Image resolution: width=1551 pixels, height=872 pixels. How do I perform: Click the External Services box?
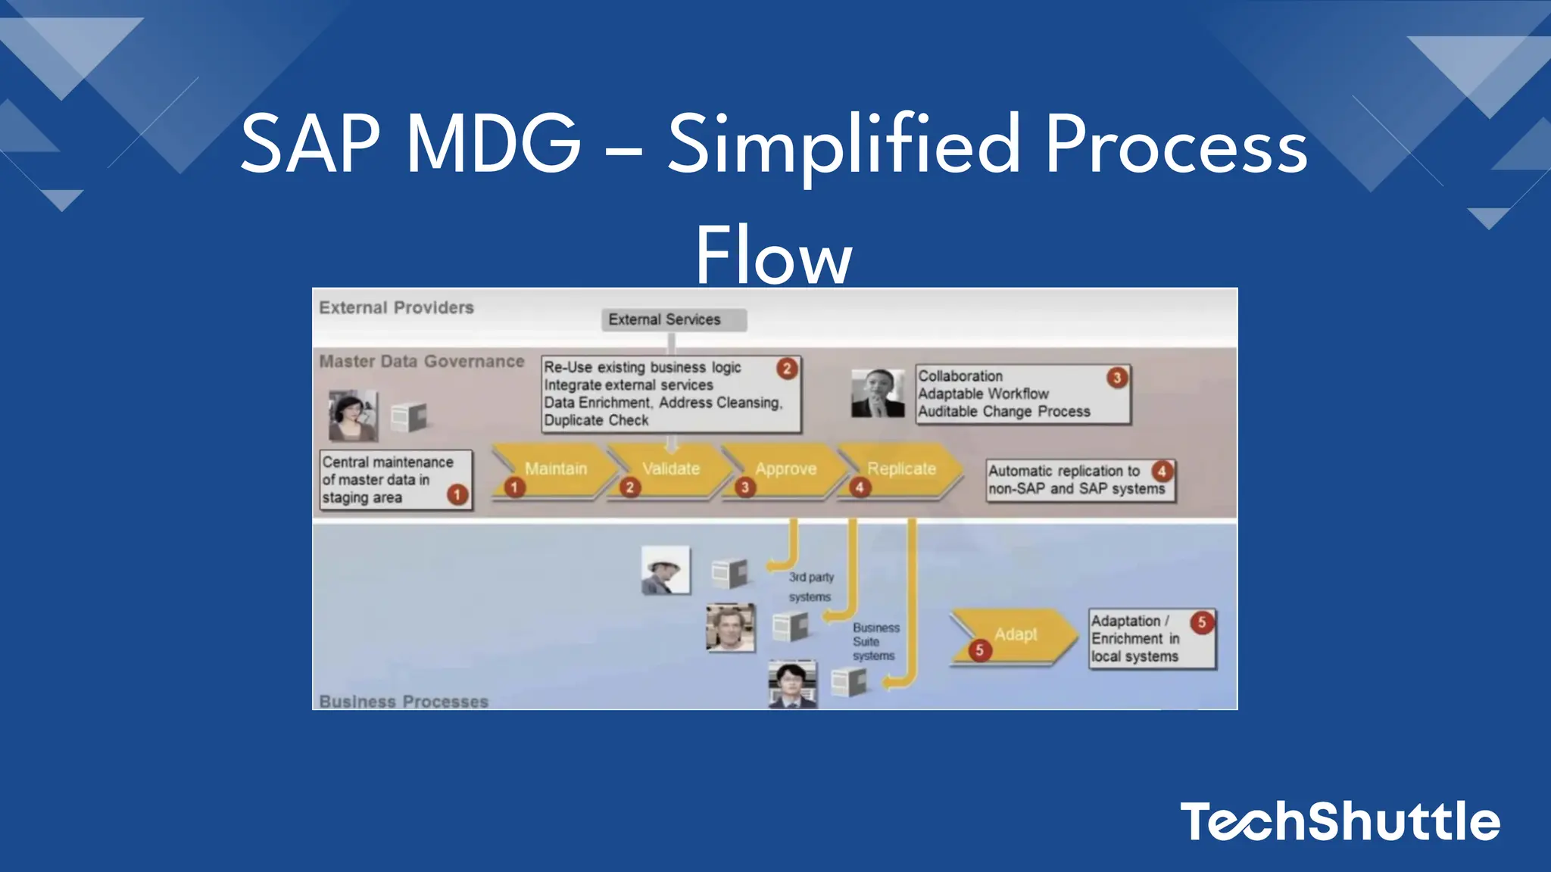tap(674, 319)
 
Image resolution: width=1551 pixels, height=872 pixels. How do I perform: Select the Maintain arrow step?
tap(555, 470)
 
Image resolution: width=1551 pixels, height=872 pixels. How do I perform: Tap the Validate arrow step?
tap(670, 470)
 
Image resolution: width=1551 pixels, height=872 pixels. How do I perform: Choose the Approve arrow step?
tap(785, 470)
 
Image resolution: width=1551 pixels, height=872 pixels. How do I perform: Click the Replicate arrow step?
tap(900, 470)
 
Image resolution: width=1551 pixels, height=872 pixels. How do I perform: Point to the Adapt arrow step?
tap(1015, 635)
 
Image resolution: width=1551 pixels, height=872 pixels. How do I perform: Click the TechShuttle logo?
tap(1339, 822)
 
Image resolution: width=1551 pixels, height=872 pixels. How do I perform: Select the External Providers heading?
tap(396, 308)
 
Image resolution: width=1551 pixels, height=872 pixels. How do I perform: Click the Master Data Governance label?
tap(421, 362)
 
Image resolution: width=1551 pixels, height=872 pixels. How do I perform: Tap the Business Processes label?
tap(404, 701)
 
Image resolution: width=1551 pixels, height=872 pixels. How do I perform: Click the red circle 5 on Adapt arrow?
tap(979, 650)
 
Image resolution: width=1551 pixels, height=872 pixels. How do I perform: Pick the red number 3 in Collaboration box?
tap(1116, 378)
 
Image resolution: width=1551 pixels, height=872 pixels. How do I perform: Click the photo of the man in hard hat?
tap(665, 570)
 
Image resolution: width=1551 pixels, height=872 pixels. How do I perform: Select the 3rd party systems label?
tap(810, 587)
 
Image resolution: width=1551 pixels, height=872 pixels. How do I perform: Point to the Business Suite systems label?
tap(875, 642)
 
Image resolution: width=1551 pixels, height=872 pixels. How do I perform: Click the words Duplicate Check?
tap(596, 421)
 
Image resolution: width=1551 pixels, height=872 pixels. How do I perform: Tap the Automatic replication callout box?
tap(1080, 480)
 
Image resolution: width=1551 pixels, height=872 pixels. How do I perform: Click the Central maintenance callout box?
tap(395, 480)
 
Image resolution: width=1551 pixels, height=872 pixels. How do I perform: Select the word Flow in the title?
tap(774, 255)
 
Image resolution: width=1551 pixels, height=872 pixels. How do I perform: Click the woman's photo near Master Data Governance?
tap(352, 416)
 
